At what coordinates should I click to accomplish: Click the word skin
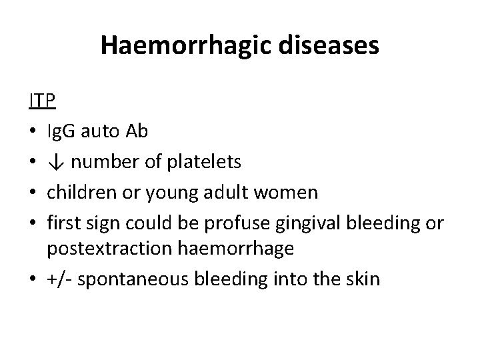pyautogui.click(x=363, y=279)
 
